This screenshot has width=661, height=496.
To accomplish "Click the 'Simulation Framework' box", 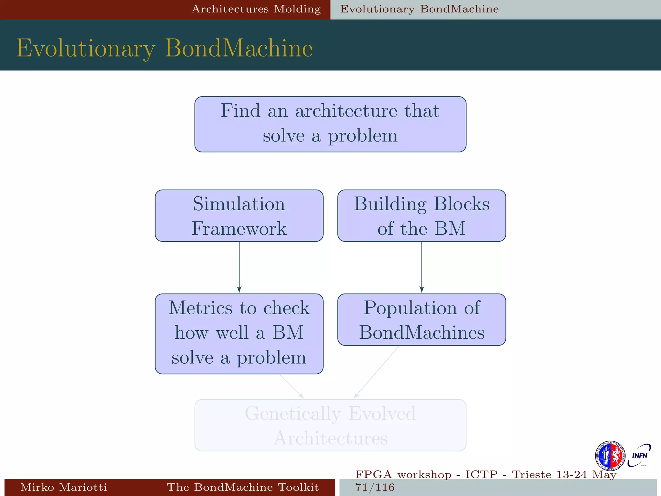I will [239, 216].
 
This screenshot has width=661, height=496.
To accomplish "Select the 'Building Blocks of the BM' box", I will [422, 216].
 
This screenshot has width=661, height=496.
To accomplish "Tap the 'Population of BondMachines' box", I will [422, 320].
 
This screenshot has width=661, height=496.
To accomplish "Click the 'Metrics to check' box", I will [239, 334].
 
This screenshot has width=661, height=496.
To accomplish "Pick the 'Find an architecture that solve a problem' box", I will [330, 124].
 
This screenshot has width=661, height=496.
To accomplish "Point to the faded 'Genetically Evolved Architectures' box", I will [330, 425].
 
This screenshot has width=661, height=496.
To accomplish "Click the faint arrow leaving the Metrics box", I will [291, 386].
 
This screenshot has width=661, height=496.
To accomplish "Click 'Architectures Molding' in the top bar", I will [256, 9].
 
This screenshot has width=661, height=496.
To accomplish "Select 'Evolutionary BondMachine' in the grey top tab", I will [419, 9].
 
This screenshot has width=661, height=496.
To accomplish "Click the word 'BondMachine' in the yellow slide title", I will [239, 48].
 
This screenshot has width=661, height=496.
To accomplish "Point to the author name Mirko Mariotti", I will [64, 487].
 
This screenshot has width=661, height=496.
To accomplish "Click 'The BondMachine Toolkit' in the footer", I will [243, 487].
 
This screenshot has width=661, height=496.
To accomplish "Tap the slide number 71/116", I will [375, 487].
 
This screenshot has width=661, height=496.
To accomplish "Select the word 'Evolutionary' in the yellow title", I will [86, 48].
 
